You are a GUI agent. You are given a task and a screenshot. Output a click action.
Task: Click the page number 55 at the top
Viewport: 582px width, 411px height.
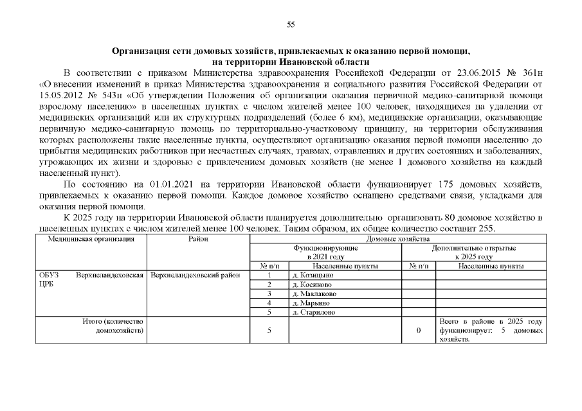[291, 24]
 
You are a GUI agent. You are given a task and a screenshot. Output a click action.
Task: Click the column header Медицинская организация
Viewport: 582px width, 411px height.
[92, 239]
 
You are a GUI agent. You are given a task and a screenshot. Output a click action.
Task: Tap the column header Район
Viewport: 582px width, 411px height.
[198, 239]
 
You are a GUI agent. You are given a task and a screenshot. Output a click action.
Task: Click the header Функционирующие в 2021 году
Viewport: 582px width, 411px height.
[326, 252]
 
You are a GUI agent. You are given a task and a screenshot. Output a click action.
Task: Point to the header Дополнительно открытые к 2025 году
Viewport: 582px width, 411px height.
[474, 252]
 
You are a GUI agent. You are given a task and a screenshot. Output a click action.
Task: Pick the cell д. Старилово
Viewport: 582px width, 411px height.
[313, 312]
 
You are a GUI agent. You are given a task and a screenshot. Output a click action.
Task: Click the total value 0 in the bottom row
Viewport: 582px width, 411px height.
[419, 330]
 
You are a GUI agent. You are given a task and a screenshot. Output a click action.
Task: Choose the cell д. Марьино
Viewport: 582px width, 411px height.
[310, 302]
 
